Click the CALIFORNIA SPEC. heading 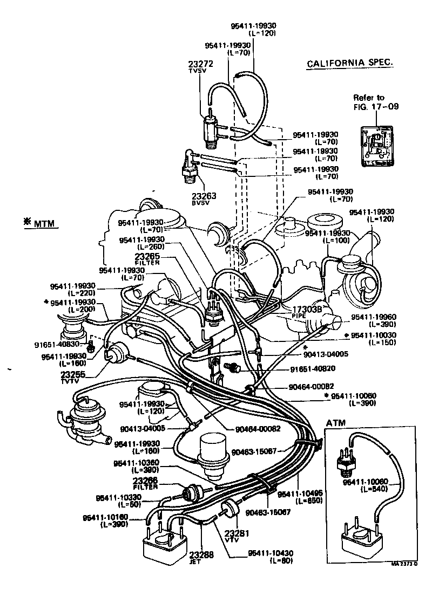[x=350, y=64]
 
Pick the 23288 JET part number [x=201, y=553]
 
